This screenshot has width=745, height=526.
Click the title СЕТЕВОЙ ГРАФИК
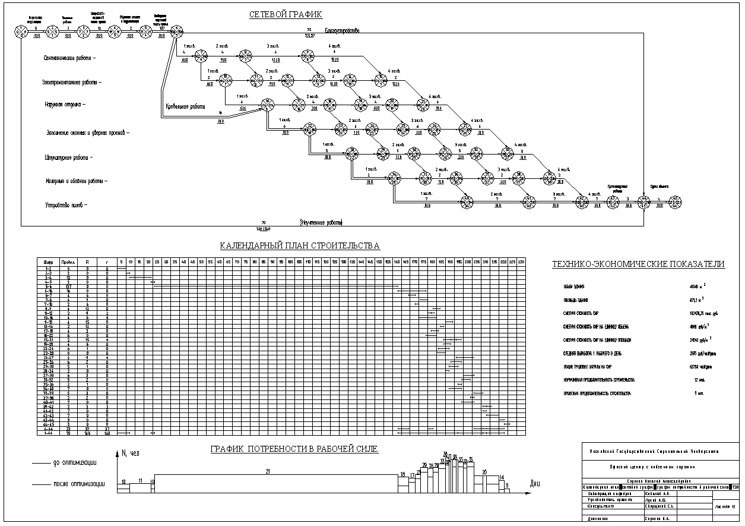pos(286,14)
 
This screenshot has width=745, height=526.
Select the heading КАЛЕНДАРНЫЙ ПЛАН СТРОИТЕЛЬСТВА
pos(300,245)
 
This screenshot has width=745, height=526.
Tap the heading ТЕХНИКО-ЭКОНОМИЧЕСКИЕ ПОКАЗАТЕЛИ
pos(638,264)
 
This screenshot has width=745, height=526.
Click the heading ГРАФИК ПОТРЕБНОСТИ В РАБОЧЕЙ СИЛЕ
pos(294,449)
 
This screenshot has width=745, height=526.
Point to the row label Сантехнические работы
pos(69,58)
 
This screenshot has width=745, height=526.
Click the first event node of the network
pos(21,31)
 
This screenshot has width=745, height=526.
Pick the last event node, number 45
pos(676,203)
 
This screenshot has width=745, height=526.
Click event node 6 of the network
pos(176,31)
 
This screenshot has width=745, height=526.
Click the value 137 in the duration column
pos(69,286)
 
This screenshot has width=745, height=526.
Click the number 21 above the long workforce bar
pos(268,471)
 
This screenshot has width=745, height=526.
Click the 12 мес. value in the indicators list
pos(700,380)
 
